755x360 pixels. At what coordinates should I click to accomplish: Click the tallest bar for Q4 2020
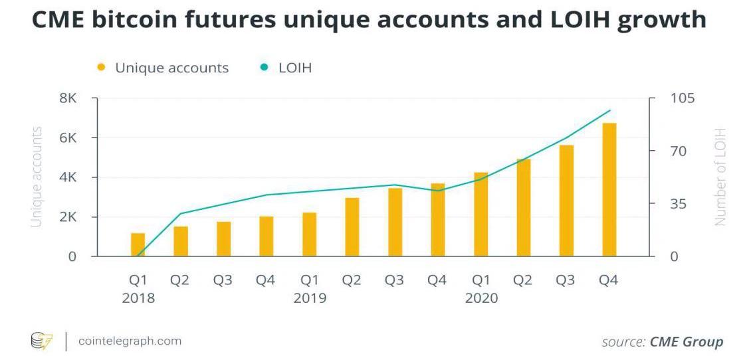tap(609, 189)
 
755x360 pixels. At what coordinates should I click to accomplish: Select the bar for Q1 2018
tap(138, 244)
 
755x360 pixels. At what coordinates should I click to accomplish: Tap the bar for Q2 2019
tap(352, 226)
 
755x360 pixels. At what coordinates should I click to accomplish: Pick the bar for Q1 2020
tap(481, 214)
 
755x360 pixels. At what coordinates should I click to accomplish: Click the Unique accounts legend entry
tap(171, 68)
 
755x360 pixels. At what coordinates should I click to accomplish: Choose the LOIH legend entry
tap(294, 68)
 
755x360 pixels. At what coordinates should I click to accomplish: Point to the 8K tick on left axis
tap(68, 98)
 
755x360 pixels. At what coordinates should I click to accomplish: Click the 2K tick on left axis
tap(68, 217)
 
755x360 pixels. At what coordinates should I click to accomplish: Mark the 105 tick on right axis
tap(683, 98)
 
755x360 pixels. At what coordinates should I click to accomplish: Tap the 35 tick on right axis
tap(677, 203)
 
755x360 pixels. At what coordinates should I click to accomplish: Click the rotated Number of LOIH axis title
tap(720, 176)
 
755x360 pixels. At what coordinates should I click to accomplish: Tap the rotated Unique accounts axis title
tap(37, 176)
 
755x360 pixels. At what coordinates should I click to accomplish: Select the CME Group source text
tap(686, 342)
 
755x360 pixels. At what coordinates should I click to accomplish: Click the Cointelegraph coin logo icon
tap(41, 341)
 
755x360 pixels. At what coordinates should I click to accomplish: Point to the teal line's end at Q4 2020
tap(609, 110)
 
